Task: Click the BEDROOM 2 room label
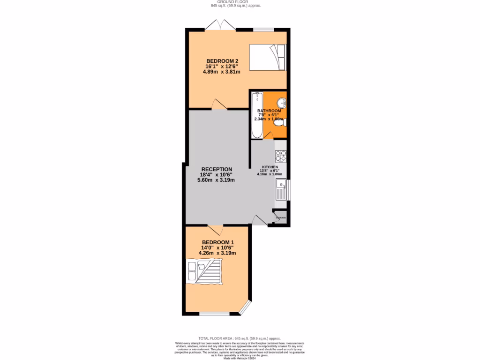[x=223, y=61]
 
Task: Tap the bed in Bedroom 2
[x=266, y=57]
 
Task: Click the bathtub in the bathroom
[x=257, y=115]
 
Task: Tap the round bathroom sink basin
[x=281, y=103]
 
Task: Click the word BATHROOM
[x=269, y=111]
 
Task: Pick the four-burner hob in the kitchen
[x=281, y=155]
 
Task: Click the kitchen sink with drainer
[x=281, y=192]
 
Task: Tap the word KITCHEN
[x=270, y=167]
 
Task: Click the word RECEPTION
[x=217, y=169]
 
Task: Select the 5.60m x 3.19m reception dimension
[x=216, y=180]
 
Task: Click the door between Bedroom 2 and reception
[x=219, y=105]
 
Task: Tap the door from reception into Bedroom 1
[x=215, y=230]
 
